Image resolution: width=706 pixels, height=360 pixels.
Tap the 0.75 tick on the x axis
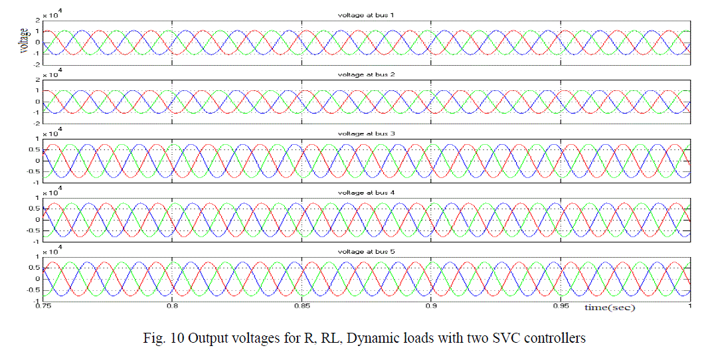coord(44,307)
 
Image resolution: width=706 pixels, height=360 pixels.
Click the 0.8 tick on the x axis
coord(173,307)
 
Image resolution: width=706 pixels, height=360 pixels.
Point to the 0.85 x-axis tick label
coord(302,307)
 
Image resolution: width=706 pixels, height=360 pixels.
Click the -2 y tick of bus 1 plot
coord(37,64)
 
